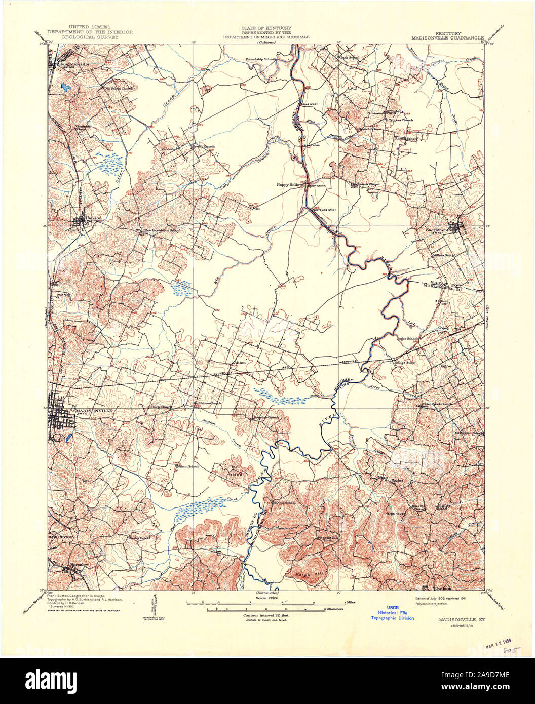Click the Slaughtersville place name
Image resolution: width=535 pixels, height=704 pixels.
click(x=73, y=64)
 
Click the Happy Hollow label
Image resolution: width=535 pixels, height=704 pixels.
click(x=289, y=185)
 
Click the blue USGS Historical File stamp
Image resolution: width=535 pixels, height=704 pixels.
click(x=393, y=612)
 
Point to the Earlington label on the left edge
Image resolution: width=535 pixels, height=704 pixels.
click(x=61, y=536)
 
